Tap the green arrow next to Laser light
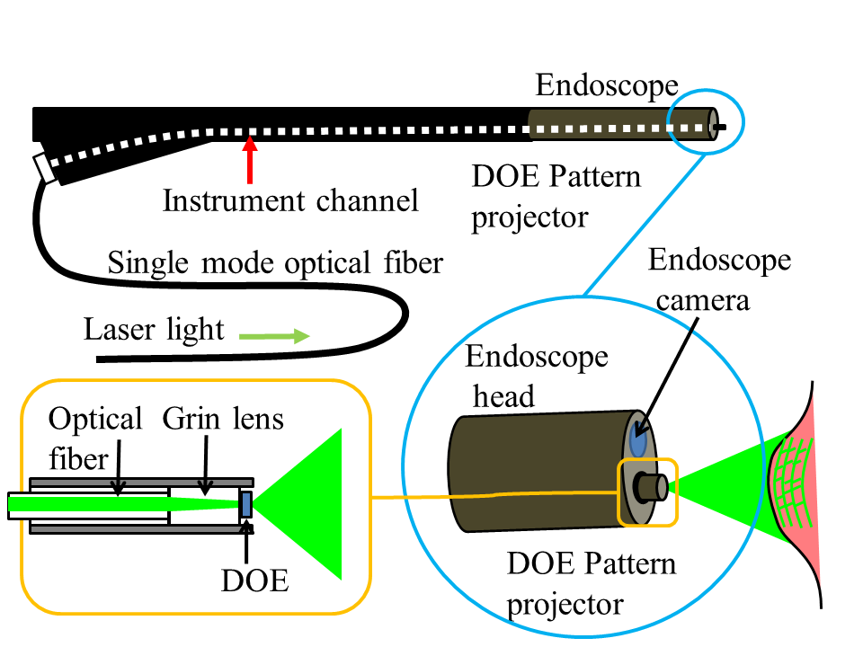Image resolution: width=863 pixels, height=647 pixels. pos(274,337)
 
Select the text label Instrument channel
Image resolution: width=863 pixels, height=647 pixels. pos(290,200)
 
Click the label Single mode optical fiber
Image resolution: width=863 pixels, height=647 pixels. pos(275,263)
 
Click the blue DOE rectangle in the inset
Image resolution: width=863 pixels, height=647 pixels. pos(245,503)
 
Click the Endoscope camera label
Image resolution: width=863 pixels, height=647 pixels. pos(719,279)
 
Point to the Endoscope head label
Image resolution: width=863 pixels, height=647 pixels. pos(536,377)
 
